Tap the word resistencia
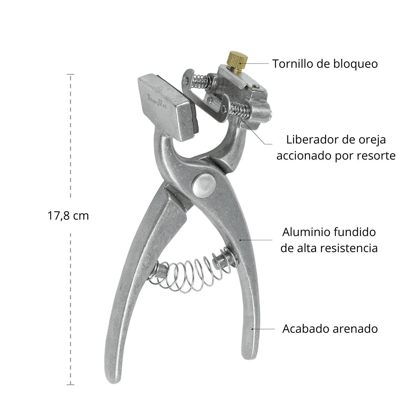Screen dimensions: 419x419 348,248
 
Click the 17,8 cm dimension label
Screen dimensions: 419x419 68,216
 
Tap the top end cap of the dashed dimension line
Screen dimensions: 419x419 71,74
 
